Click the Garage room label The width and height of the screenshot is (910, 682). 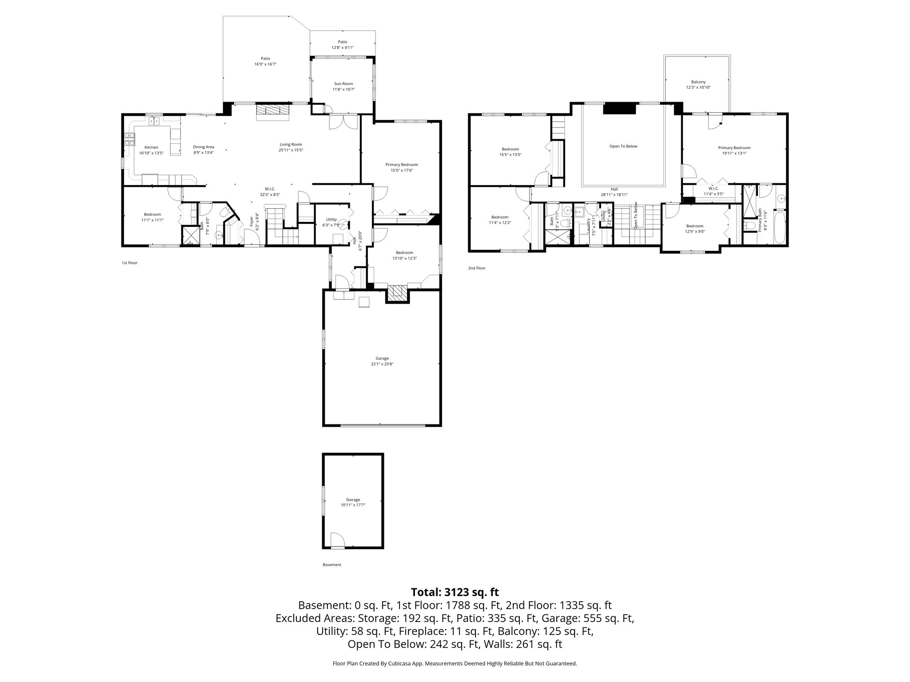pos(382,358)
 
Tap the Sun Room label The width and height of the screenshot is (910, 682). pos(343,83)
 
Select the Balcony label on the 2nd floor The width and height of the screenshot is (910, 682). pos(698,82)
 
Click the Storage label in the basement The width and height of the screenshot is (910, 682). pos(353,500)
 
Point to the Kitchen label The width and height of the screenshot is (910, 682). pos(151,147)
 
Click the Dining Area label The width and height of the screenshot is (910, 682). pos(204,147)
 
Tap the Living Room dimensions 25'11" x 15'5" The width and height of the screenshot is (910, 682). pos(291,150)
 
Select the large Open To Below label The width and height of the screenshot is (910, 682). pos(623,146)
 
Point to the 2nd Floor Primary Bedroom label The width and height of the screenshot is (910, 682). pos(734,148)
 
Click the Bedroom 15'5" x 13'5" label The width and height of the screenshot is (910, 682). pos(510,149)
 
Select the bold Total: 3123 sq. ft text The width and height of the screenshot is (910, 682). pos(455,592)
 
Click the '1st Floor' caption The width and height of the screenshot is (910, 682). pos(129,263)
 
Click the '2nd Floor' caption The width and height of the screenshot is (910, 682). pos(477,268)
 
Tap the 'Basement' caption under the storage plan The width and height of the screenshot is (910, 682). pos(332,565)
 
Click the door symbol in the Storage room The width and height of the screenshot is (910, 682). pos(338,541)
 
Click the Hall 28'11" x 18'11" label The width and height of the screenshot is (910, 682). pos(614,189)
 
